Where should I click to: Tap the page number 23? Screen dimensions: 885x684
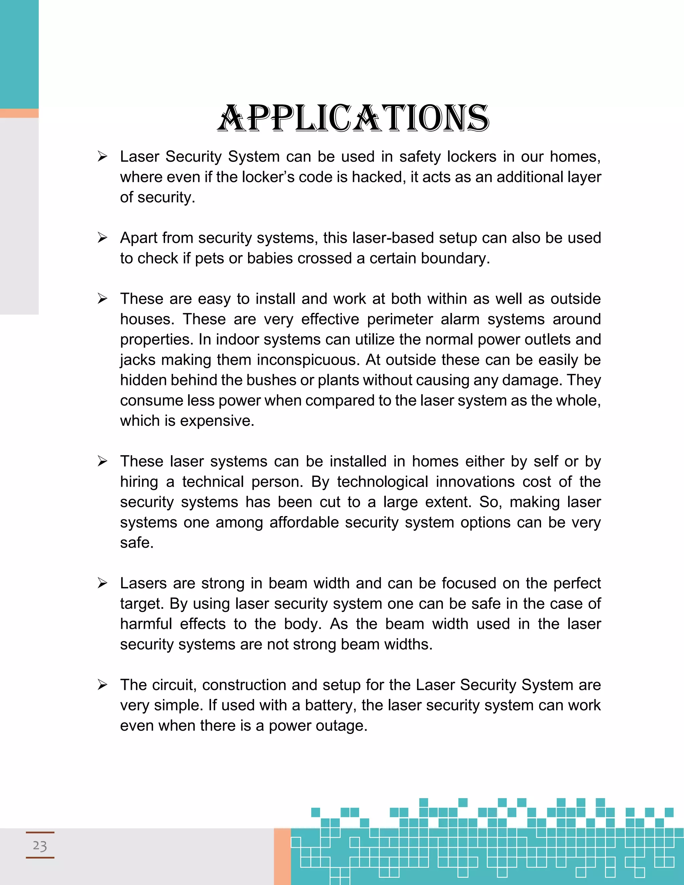[40, 845]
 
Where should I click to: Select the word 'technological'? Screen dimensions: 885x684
[382, 482]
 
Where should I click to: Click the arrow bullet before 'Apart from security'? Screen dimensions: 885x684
[102, 238]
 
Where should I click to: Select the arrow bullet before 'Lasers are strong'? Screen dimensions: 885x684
[102, 583]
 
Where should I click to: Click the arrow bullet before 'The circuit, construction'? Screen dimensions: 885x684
[102, 685]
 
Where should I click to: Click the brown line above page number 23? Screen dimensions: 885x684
[40, 832]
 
